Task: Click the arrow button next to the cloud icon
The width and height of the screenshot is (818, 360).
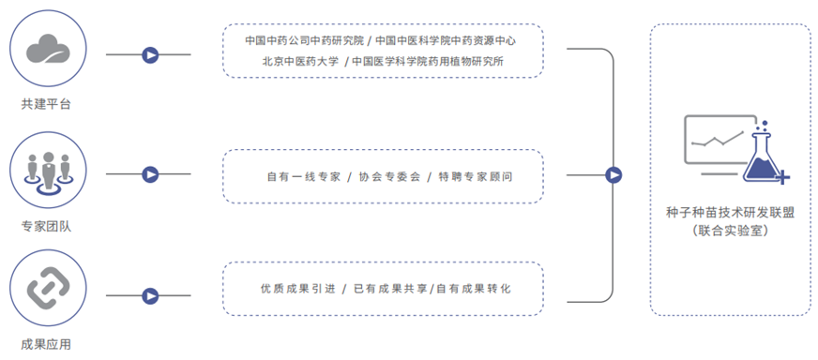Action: [x=149, y=55]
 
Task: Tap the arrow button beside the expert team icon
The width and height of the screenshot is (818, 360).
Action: [x=149, y=174]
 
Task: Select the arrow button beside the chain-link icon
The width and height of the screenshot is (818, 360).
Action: [x=149, y=296]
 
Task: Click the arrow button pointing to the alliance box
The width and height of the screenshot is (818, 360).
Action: [x=613, y=174]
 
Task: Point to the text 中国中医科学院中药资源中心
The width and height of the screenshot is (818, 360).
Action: [x=446, y=41]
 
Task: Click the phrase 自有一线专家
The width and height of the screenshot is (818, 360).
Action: [x=301, y=176]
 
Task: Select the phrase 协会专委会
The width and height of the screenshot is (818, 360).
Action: [x=385, y=176]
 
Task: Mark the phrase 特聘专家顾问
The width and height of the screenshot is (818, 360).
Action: [x=475, y=176]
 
